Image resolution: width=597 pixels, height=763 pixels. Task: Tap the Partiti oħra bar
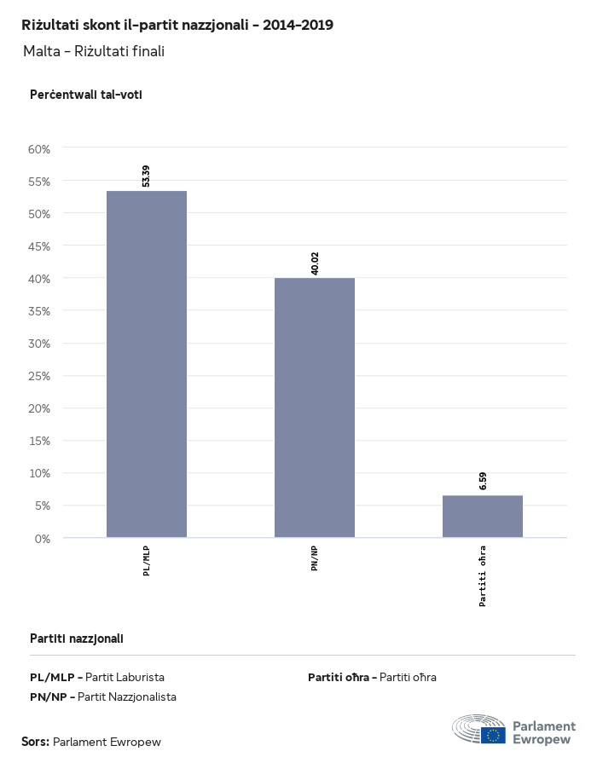point(482,516)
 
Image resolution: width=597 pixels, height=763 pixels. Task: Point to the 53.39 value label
point(146,176)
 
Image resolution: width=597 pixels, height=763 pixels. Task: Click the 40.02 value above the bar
point(315,263)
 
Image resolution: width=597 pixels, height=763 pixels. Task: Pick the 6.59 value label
point(483,480)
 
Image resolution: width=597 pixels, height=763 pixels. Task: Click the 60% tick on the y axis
point(39,148)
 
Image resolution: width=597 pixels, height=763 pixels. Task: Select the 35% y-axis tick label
point(39,311)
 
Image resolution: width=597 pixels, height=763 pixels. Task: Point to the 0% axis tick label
point(42,538)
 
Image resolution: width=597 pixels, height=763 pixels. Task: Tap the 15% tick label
point(39,441)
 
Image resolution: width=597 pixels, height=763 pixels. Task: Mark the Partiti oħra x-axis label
point(483,576)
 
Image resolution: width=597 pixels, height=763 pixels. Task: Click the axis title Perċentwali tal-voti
point(85,95)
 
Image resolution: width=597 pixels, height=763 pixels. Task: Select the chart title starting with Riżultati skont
point(177,25)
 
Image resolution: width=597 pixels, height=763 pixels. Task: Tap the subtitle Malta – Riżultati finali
point(94,51)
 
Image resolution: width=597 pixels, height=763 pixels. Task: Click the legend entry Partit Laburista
point(125,677)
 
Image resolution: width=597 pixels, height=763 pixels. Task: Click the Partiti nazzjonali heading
point(77,638)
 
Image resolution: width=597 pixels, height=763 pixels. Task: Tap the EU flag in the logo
point(493,734)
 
